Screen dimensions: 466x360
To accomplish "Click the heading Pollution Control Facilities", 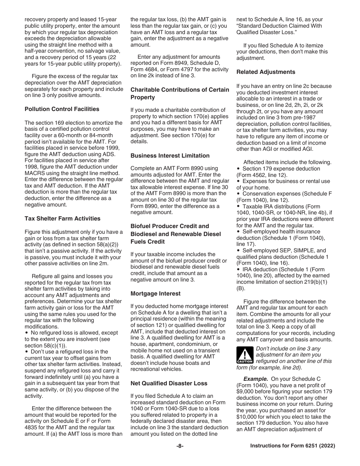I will click(62, 109).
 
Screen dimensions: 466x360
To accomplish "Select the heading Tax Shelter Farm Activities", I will click(63, 219).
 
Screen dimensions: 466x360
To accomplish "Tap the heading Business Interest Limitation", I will click(170, 156).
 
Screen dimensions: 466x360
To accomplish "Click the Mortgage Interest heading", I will click(155, 294).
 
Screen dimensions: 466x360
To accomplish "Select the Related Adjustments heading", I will click(266, 72).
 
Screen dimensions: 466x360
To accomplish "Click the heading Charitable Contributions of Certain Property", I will click(180, 94).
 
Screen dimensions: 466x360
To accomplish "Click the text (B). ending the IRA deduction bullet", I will click(240, 288).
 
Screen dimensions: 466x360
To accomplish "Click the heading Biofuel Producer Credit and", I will click(169, 226).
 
